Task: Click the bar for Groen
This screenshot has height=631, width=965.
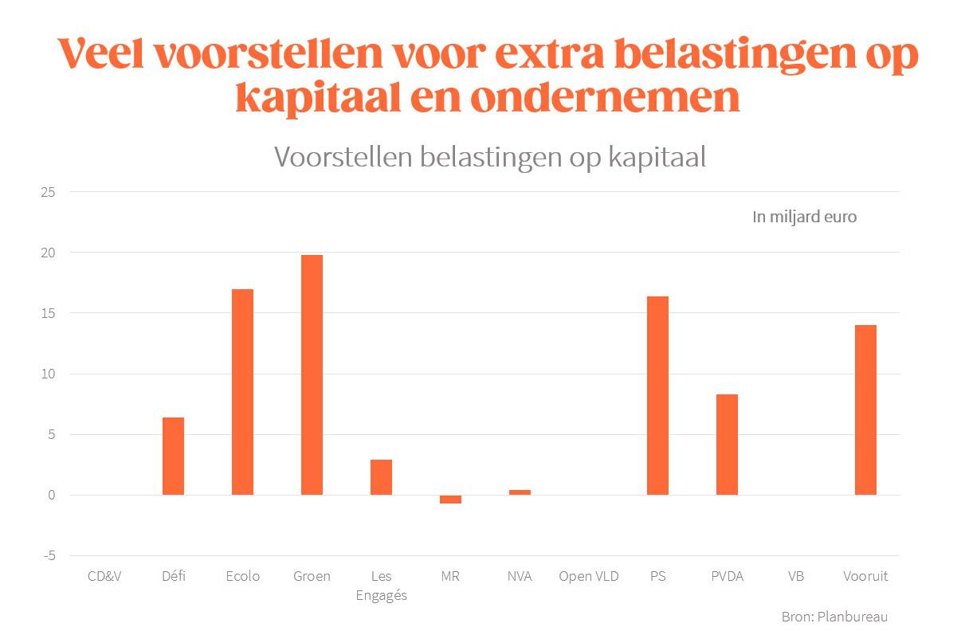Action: [312, 374]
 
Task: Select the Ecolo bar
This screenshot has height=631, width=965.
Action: [242, 392]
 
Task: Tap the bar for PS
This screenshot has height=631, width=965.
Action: [657, 395]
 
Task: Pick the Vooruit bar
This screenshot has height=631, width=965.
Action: [865, 410]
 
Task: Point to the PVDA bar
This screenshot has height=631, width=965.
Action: [727, 445]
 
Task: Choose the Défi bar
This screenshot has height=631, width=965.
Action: [173, 456]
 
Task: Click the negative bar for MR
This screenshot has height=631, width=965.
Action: [450, 499]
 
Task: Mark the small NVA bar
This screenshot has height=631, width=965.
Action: [520, 492]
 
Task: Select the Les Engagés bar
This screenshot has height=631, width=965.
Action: [381, 477]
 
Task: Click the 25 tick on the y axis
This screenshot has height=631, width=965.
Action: [49, 192]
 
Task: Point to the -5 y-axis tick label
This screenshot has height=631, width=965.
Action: [49, 556]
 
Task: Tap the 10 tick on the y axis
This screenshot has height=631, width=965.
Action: [49, 374]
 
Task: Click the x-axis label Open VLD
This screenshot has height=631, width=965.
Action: [588, 576]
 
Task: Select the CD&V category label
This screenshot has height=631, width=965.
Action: [104, 576]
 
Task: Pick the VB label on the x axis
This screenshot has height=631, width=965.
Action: [796, 576]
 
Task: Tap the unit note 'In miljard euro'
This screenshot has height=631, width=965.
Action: [804, 217]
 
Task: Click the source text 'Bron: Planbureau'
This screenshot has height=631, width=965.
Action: [834, 617]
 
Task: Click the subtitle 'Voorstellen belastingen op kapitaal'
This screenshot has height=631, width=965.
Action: [490, 157]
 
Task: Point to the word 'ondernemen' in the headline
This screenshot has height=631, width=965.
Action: [605, 98]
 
